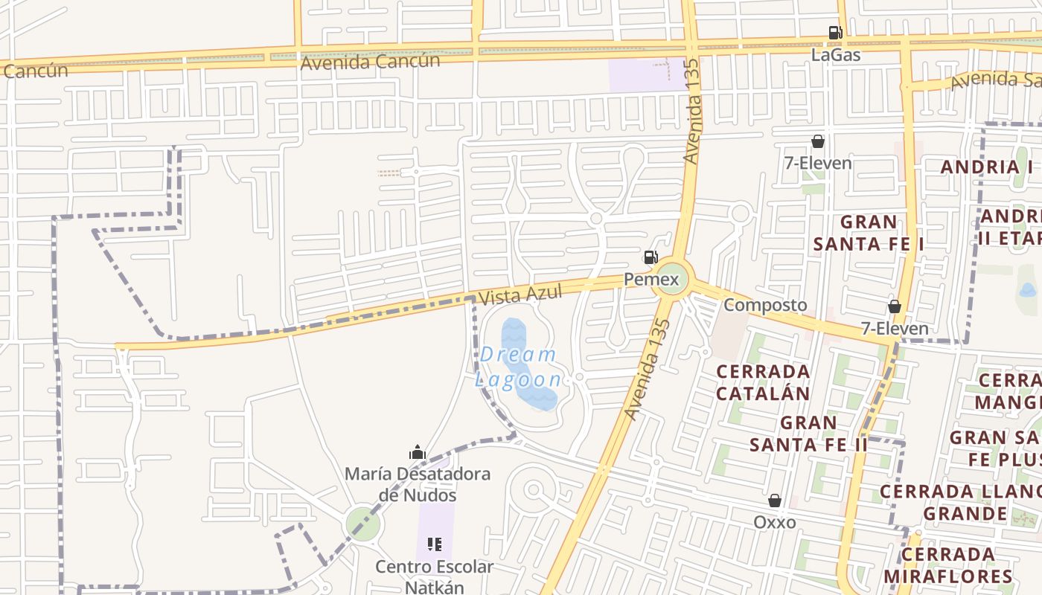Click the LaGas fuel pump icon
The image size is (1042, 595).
coord(835,33)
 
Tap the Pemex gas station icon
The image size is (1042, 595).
coord(651,257)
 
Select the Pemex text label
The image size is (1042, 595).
coord(651,280)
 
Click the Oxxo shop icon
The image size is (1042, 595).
coord(775,501)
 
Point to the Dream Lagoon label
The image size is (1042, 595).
coord(519,367)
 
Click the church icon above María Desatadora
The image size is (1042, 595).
coord(417,451)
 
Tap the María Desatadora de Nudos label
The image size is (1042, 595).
coord(417,484)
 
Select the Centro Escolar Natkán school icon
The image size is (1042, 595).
coord(435,544)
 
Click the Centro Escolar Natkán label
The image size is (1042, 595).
coord(434,576)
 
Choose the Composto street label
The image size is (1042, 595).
coord(765,305)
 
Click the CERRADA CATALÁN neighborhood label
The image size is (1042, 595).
coord(763,382)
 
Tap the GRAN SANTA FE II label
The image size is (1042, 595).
coord(808,434)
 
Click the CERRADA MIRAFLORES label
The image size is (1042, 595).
coord(948,565)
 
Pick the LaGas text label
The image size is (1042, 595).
coord(835,54)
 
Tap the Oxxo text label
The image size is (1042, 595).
coord(775,522)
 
